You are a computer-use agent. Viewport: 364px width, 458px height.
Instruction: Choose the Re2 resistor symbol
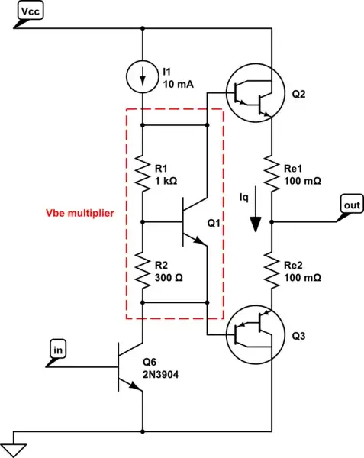(x=272, y=271)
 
